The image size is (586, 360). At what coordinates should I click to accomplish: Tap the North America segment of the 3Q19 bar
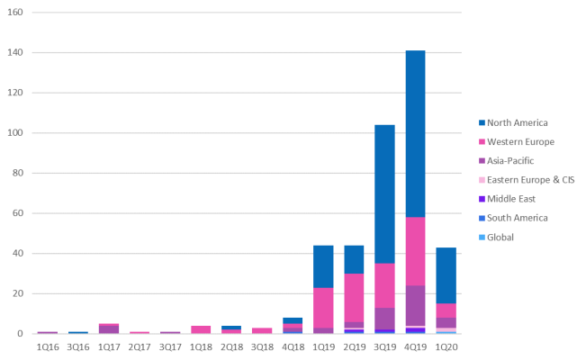pyautogui.click(x=385, y=194)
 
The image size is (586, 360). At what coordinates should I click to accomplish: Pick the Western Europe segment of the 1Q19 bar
pyautogui.click(x=323, y=307)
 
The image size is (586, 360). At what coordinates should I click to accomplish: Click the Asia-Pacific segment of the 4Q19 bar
pyautogui.click(x=416, y=305)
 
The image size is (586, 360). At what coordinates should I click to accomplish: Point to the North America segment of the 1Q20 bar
pyautogui.click(x=446, y=275)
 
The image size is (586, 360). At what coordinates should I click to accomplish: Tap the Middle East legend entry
pyautogui.click(x=512, y=199)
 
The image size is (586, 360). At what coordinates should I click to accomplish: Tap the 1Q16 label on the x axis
pyautogui.click(x=48, y=346)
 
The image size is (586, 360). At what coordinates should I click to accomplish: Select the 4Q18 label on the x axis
pyautogui.click(x=293, y=346)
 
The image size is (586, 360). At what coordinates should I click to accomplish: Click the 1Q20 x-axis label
pyautogui.click(x=446, y=346)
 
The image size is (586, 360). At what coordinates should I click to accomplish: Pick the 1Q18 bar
pyautogui.click(x=201, y=329)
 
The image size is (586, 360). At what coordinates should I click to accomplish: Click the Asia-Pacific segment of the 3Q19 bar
pyautogui.click(x=385, y=319)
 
